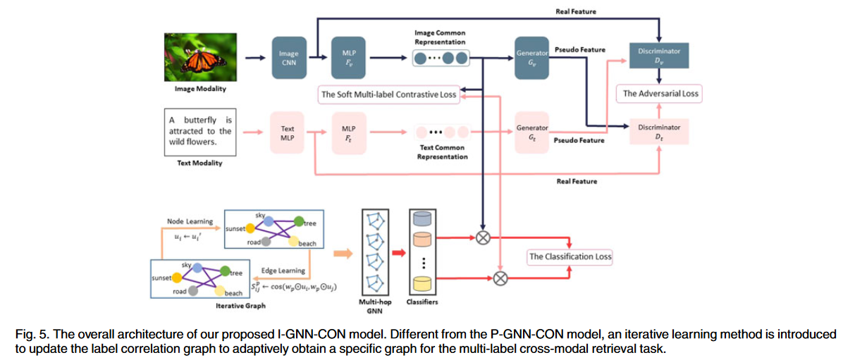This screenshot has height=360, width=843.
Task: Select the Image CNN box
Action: pyautogui.click(x=288, y=57)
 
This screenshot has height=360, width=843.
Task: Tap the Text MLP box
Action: pyautogui.click(x=288, y=132)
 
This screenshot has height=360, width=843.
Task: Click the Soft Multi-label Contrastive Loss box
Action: pyautogui.click(x=389, y=94)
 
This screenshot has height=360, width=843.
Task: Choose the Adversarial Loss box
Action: pyautogui.click(x=659, y=93)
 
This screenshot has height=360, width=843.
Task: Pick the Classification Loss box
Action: pyautogui.click(x=570, y=256)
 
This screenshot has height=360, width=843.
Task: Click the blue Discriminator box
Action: pyautogui.click(x=658, y=56)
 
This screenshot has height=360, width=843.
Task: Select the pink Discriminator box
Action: pyautogui.click(x=658, y=132)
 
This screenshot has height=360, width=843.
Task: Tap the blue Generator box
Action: pyautogui.click(x=533, y=57)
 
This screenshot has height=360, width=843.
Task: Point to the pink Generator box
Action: pyautogui.click(x=533, y=132)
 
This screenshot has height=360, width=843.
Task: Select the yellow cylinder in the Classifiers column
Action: pyautogui.click(x=421, y=283)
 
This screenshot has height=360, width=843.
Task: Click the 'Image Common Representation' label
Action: pyautogui.click(x=440, y=37)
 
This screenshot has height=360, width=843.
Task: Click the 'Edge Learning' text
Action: pyautogui.click(x=283, y=271)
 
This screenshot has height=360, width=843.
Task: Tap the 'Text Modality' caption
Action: pyautogui.click(x=199, y=163)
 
